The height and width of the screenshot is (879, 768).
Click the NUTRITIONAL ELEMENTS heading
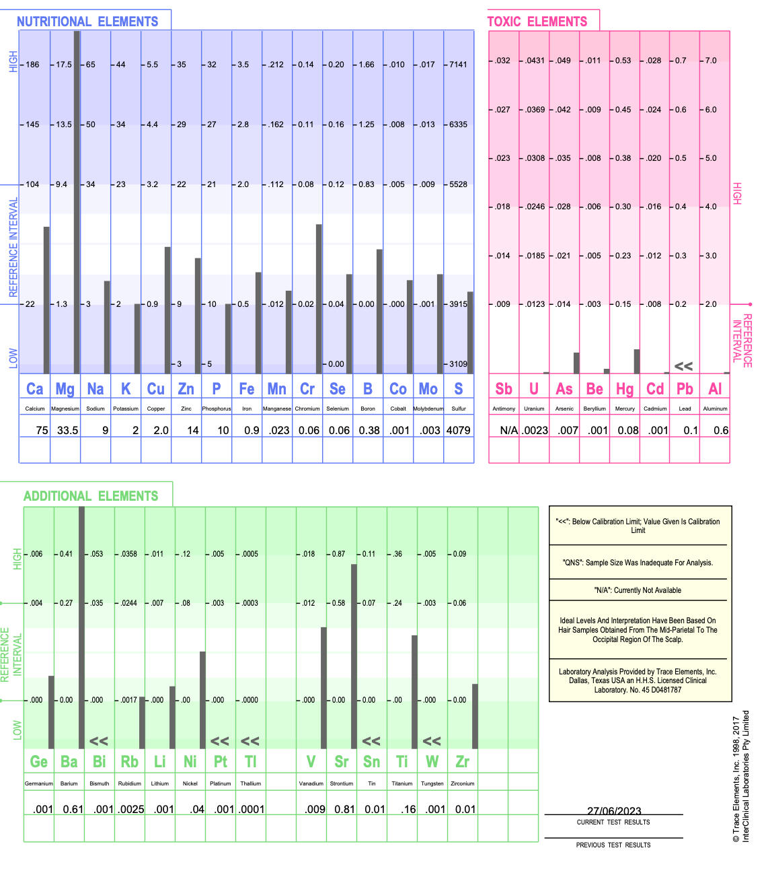(x=87, y=22)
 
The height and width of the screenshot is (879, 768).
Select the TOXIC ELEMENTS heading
(x=537, y=22)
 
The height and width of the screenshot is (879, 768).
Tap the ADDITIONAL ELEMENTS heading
(x=91, y=496)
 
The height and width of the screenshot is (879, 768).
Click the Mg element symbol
(x=65, y=389)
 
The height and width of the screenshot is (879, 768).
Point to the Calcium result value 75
(x=42, y=430)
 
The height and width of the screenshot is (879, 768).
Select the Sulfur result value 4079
(x=458, y=430)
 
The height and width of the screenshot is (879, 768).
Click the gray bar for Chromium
(x=319, y=299)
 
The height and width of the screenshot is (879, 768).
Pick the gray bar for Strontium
(x=354, y=656)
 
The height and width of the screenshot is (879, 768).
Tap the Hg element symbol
(x=625, y=389)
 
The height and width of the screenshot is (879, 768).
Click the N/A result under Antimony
(x=508, y=430)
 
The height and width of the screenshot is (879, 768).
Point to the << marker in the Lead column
(x=683, y=366)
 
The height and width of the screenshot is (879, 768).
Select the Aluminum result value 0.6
(x=721, y=430)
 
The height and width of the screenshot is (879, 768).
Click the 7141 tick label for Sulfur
(x=458, y=65)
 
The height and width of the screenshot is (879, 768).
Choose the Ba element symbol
(x=69, y=761)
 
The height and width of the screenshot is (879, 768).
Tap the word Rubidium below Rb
(x=129, y=783)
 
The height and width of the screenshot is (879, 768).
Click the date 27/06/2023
(x=613, y=810)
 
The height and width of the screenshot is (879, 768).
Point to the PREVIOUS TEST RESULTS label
(x=613, y=845)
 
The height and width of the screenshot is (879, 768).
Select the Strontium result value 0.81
(x=344, y=809)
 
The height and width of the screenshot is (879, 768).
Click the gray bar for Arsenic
(x=576, y=363)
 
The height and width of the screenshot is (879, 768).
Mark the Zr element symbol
(x=462, y=761)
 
